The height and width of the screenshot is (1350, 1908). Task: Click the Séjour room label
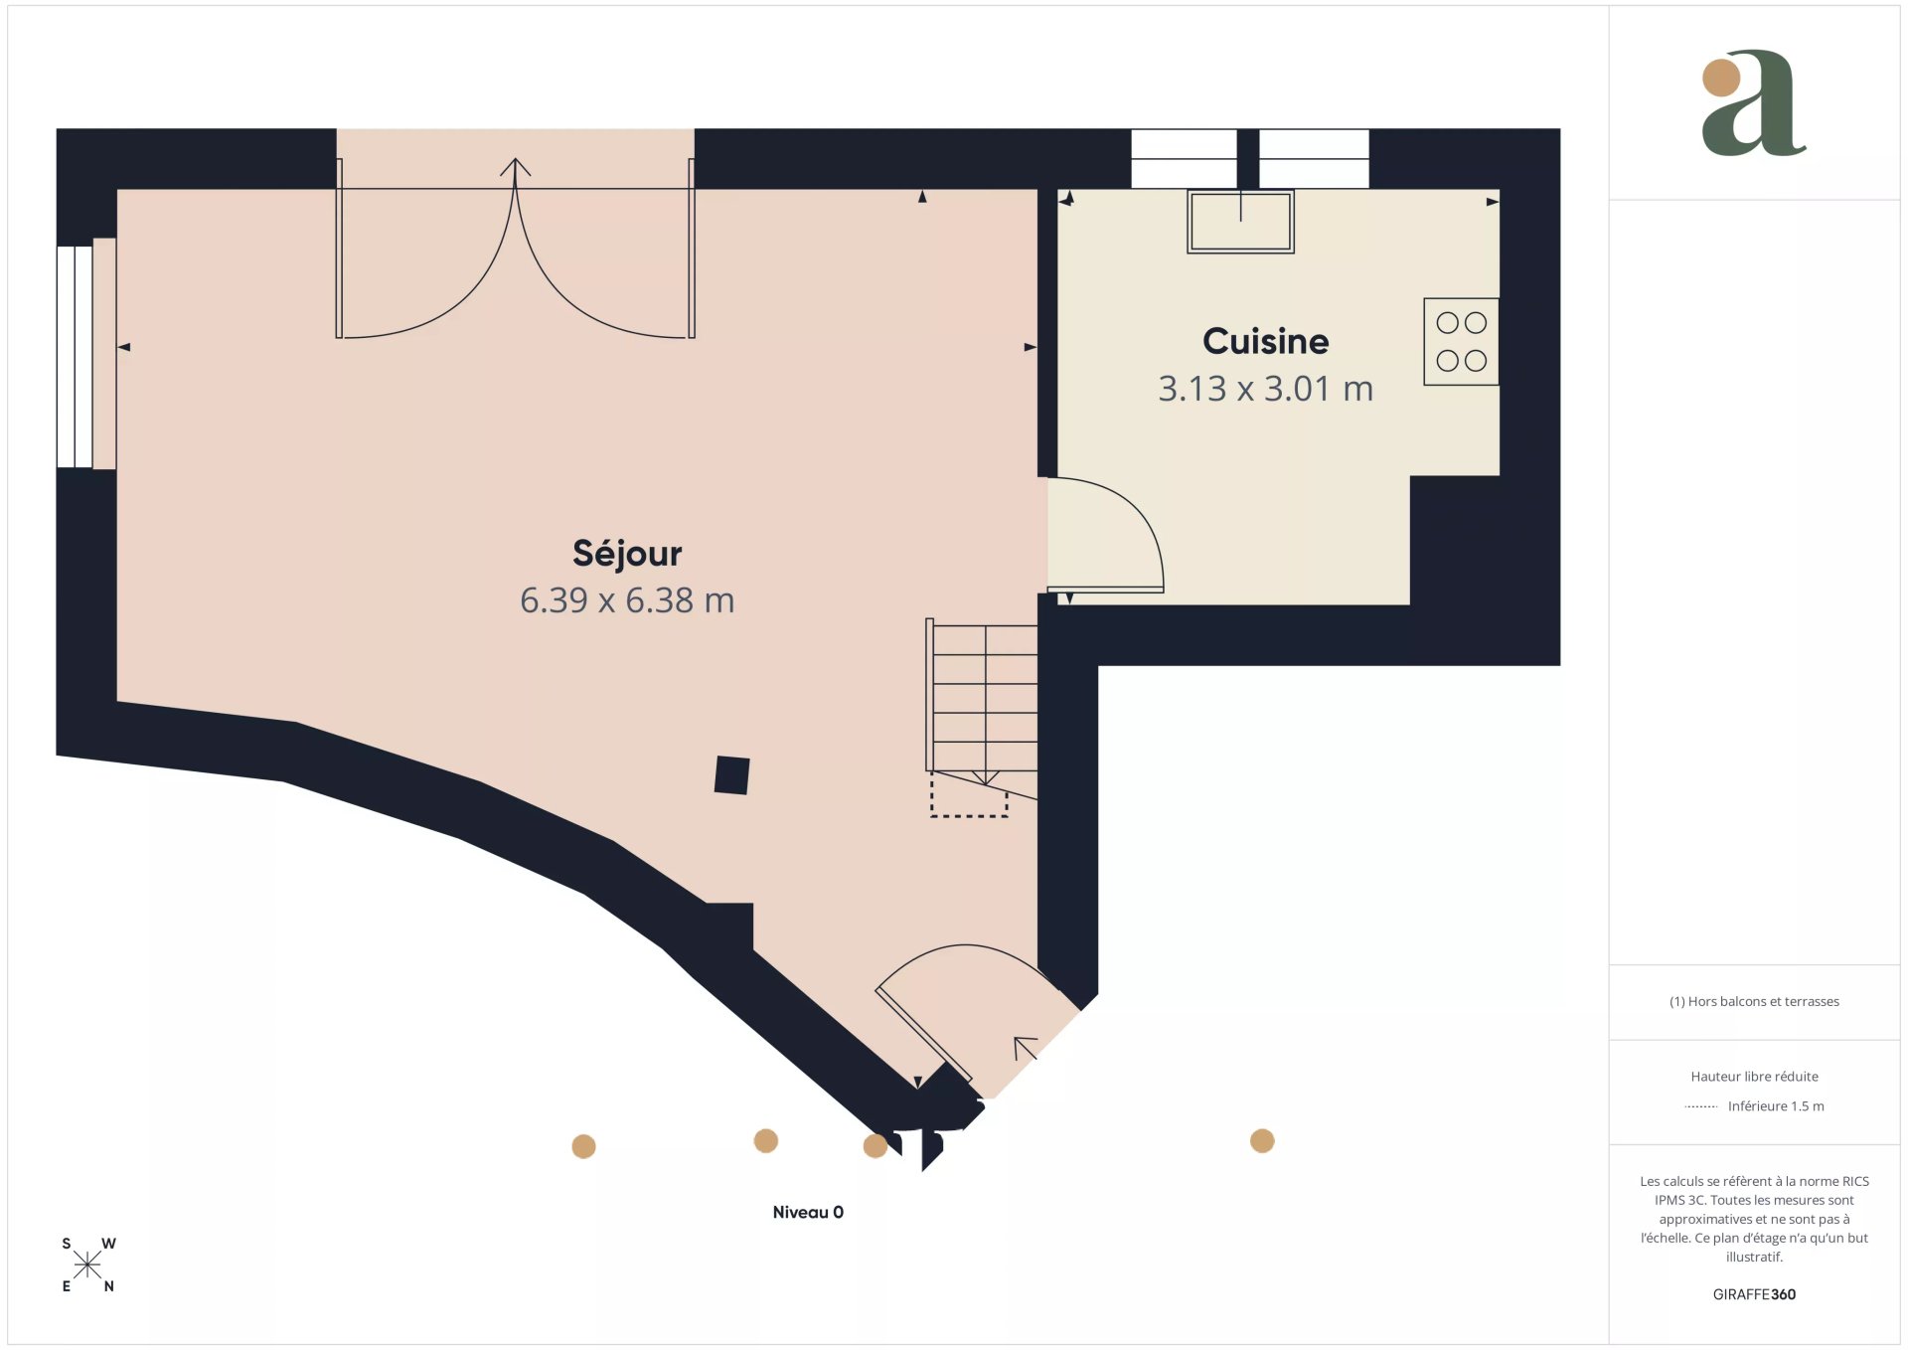(627, 554)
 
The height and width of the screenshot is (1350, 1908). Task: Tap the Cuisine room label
(1265, 342)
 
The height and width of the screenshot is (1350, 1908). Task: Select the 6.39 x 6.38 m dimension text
(627, 600)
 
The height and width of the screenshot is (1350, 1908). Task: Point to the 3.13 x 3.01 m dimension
(1265, 389)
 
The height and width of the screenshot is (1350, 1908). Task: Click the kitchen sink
(1240, 221)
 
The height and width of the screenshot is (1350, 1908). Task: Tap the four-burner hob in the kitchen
(1461, 341)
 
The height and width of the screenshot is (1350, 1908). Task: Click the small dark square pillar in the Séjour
(731, 775)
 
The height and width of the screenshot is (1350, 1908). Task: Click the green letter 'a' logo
(1754, 102)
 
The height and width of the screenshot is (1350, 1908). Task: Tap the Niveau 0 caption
(808, 1212)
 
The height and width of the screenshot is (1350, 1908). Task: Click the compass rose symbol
(87, 1265)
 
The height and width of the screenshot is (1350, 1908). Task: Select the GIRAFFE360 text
(1754, 1294)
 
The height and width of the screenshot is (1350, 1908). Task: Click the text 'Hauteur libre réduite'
(1754, 1077)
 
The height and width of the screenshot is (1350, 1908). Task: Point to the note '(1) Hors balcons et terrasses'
(1754, 1002)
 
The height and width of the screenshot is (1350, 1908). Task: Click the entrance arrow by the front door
(1025, 1048)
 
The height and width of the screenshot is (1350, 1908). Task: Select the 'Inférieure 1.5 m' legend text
(1776, 1106)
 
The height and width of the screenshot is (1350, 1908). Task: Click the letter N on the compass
(109, 1286)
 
